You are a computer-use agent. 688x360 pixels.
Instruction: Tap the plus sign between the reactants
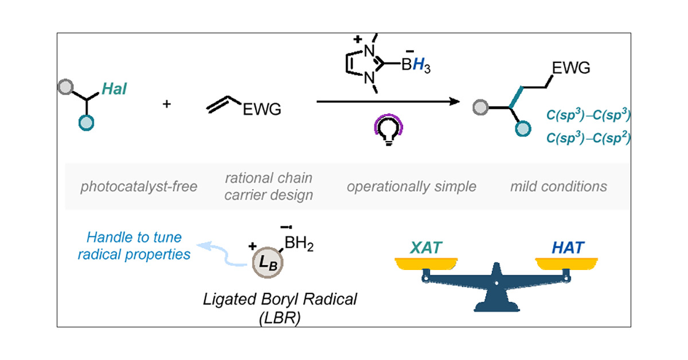coord(167,105)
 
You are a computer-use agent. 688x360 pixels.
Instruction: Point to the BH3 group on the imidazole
coord(415,66)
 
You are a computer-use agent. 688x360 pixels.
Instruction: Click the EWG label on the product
coord(571,69)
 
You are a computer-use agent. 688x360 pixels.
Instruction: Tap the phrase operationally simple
coord(411,186)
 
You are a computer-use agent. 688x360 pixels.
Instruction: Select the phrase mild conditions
coord(558,186)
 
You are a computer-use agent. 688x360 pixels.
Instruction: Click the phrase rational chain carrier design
coord(269,186)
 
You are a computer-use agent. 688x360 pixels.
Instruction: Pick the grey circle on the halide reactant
coord(66,88)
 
